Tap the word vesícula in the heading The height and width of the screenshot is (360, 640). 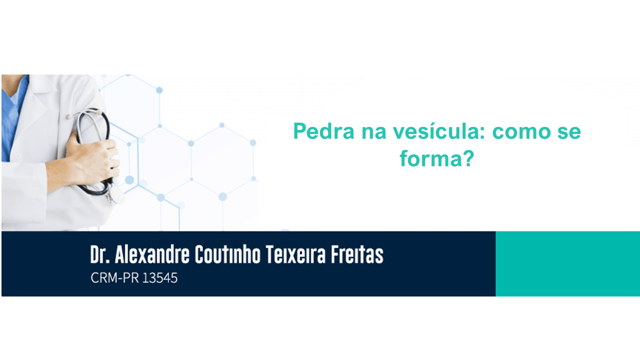439,131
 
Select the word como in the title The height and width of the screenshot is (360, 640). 521,131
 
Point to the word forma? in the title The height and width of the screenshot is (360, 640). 437,158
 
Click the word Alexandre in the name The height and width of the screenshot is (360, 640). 152,254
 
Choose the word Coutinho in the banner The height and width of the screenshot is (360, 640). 227,254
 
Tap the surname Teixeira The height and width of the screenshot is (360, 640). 295,254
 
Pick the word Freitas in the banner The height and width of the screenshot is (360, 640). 357,254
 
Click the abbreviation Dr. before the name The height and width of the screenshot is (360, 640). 100,254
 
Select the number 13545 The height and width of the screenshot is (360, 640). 159,277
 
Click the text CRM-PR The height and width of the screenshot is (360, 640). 114,277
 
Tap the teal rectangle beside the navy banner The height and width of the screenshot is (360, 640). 567,263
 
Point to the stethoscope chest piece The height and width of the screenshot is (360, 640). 116,195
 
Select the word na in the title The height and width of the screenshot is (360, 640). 373,132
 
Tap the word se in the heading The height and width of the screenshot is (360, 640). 569,132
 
